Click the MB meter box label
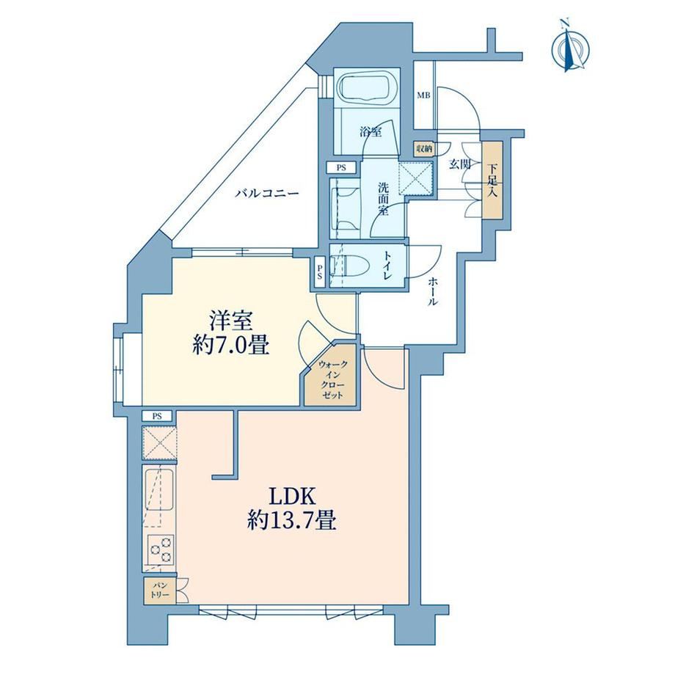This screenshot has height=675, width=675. (423, 95)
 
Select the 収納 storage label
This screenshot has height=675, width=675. (423, 149)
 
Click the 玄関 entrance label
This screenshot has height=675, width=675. (459, 164)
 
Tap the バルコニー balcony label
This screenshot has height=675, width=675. (267, 193)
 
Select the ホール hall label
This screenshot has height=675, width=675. (433, 291)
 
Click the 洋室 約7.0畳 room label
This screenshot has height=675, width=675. (230, 333)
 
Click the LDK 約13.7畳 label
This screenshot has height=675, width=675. (292, 509)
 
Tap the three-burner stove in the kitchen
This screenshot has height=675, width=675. (161, 550)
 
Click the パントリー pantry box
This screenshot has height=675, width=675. (159, 590)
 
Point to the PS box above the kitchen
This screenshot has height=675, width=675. (157, 416)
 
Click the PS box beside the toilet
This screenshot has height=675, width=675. (319, 272)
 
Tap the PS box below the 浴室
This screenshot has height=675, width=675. (341, 167)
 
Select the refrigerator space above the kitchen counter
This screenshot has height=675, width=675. (159, 442)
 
